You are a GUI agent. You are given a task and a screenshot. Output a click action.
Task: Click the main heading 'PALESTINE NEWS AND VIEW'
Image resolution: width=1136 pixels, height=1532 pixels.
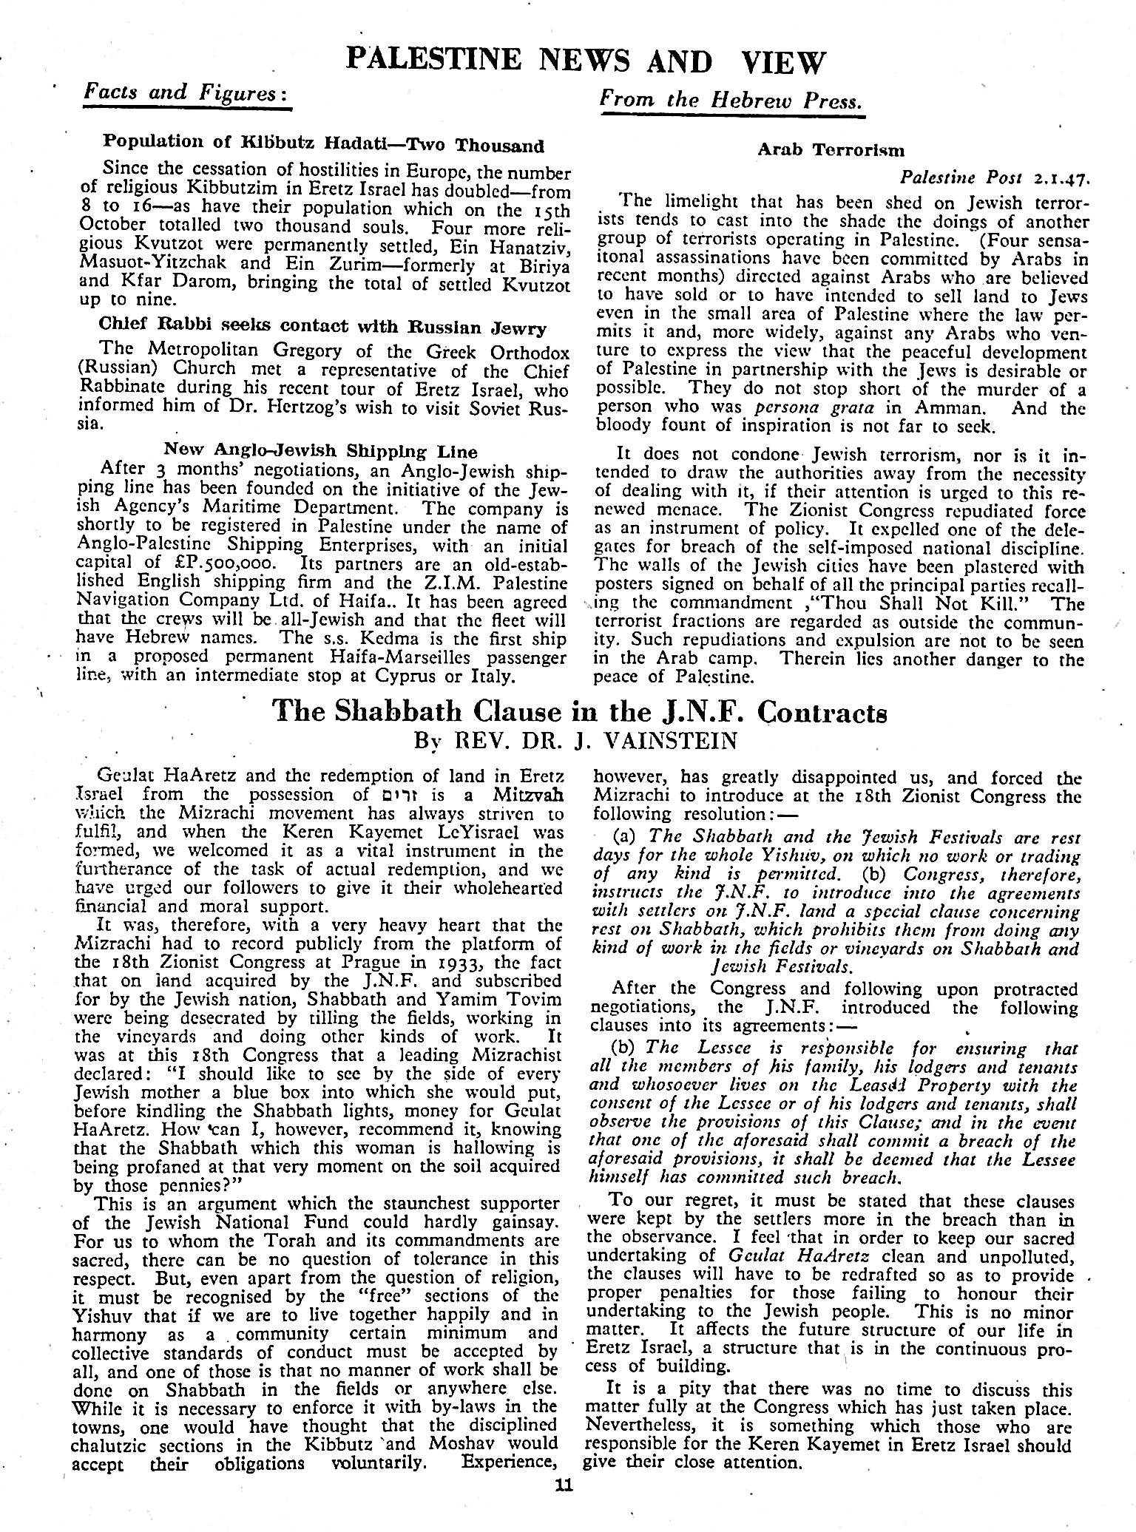pyautogui.click(x=584, y=61)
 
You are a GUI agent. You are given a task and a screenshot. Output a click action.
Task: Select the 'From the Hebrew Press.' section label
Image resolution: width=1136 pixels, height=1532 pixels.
pyautogui.click(x=731, y=98)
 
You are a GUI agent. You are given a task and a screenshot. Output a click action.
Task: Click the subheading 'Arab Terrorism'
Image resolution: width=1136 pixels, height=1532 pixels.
pyautogui.click(x=831, y=149)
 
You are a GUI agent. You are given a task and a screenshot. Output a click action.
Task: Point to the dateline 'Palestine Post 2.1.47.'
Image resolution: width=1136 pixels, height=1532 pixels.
pyautogui.click(x=995, y=178)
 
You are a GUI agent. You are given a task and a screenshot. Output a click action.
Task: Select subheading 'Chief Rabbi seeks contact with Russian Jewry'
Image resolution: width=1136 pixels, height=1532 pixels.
pyautogui.click(x=322, y=327)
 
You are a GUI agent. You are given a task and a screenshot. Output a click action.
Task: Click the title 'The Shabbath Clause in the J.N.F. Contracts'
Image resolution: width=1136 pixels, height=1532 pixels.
pyautogui.click(x=580, y=711)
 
